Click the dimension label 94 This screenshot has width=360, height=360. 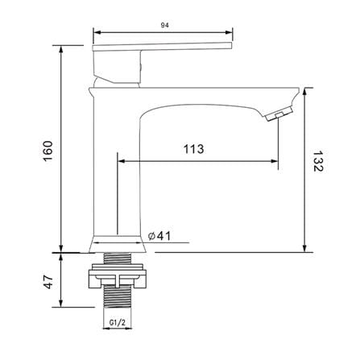164,25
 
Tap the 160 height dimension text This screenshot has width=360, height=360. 48,151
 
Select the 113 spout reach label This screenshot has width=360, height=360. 193,149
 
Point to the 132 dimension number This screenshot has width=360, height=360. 319,161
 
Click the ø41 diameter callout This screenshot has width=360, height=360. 159,236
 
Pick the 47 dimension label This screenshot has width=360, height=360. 48,282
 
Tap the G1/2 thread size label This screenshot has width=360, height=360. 118,322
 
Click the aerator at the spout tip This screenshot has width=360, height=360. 279,114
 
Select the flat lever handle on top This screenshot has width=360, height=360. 162,46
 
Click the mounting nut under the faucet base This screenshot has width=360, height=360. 118,276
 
